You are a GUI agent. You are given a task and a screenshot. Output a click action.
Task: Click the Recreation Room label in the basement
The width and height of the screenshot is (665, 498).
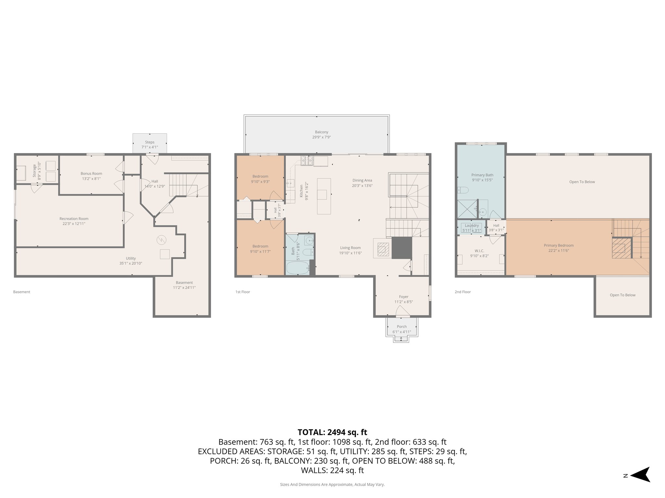(74, 219)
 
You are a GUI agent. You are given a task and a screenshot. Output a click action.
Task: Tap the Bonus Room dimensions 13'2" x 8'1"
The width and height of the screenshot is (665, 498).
(91, 179)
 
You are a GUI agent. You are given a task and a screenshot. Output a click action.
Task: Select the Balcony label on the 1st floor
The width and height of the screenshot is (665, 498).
(321, 132)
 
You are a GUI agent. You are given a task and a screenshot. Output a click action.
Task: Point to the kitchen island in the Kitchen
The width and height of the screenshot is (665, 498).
(324, 196)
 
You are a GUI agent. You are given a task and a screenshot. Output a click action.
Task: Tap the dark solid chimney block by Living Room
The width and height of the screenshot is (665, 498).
(402, 248)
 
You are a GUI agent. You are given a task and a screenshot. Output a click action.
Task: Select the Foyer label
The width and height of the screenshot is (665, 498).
(404, 297)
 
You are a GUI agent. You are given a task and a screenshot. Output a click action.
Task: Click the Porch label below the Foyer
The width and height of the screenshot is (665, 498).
(402, 326)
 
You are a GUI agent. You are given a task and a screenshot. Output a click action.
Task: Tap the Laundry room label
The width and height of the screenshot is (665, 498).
(471, 225)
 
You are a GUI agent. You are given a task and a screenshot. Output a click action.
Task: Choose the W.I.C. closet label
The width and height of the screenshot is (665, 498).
(479, 251)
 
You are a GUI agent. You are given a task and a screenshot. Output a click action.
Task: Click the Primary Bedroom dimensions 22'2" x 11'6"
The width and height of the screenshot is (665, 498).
(558, 250)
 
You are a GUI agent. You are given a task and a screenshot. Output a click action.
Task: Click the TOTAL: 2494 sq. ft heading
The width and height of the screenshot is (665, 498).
(332, 432)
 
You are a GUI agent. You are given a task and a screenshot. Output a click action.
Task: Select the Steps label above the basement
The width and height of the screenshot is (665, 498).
(150, 142)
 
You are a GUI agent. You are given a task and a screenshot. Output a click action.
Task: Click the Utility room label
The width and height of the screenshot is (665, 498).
(131, 258)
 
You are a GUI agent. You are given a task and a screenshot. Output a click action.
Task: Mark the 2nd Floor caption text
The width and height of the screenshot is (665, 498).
(462, 292)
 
